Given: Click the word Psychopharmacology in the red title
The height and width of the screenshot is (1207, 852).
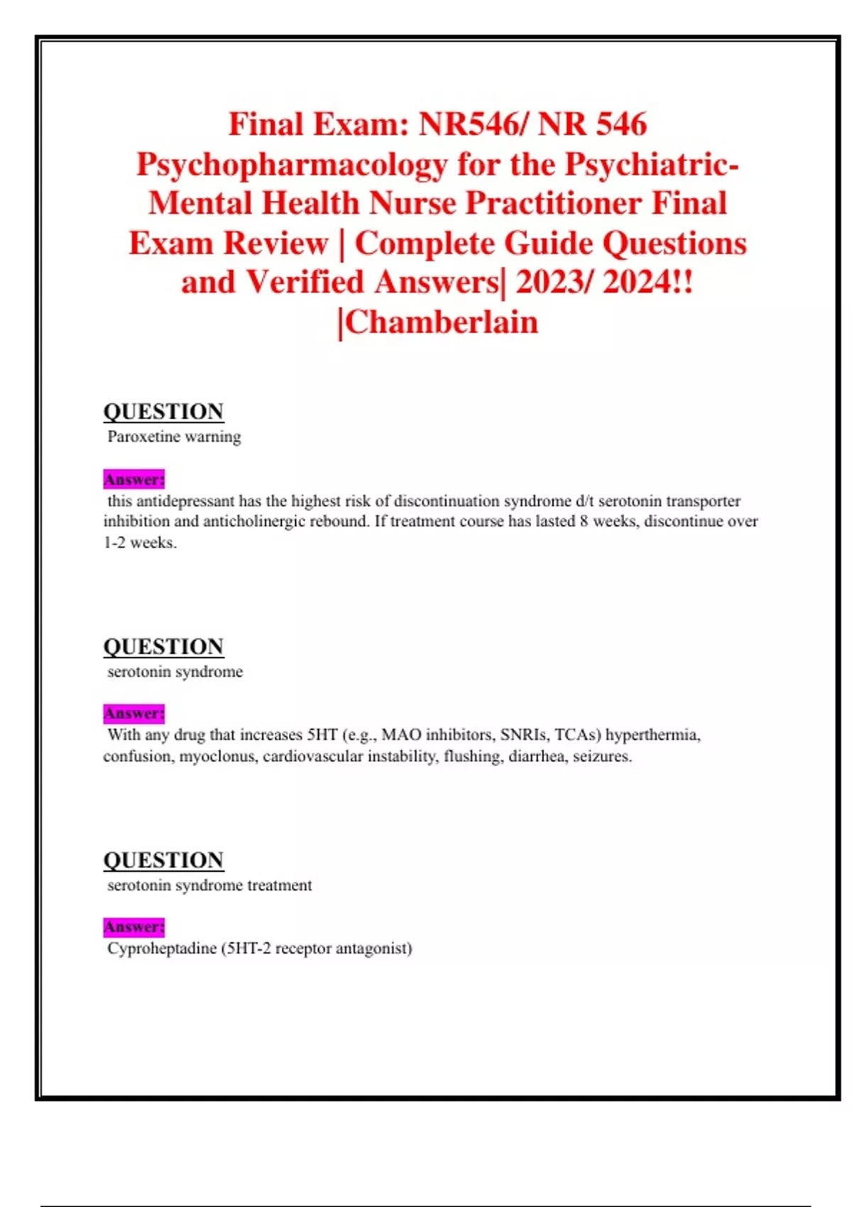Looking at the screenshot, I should [x=292, y=165].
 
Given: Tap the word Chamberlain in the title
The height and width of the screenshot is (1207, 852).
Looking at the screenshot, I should [x=441, y=322].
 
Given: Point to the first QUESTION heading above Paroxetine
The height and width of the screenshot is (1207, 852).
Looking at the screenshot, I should [x=163, y=411].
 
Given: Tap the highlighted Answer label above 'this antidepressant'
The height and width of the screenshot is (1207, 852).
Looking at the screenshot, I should [x=133, y=479].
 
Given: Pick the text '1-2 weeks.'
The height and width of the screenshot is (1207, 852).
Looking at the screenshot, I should [x=140, y=543].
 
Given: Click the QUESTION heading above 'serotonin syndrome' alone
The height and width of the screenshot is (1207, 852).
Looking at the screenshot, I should [x=163, y=646].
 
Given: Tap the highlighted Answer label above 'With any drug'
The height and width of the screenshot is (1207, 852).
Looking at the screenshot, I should [x=133, y=713].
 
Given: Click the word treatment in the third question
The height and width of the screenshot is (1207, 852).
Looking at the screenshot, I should [x=280, y=885].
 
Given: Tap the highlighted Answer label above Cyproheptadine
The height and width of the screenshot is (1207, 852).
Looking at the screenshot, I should [x=133, y=927].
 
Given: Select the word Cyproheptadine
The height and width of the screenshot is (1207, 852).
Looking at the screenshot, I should [x=161, y=949].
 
